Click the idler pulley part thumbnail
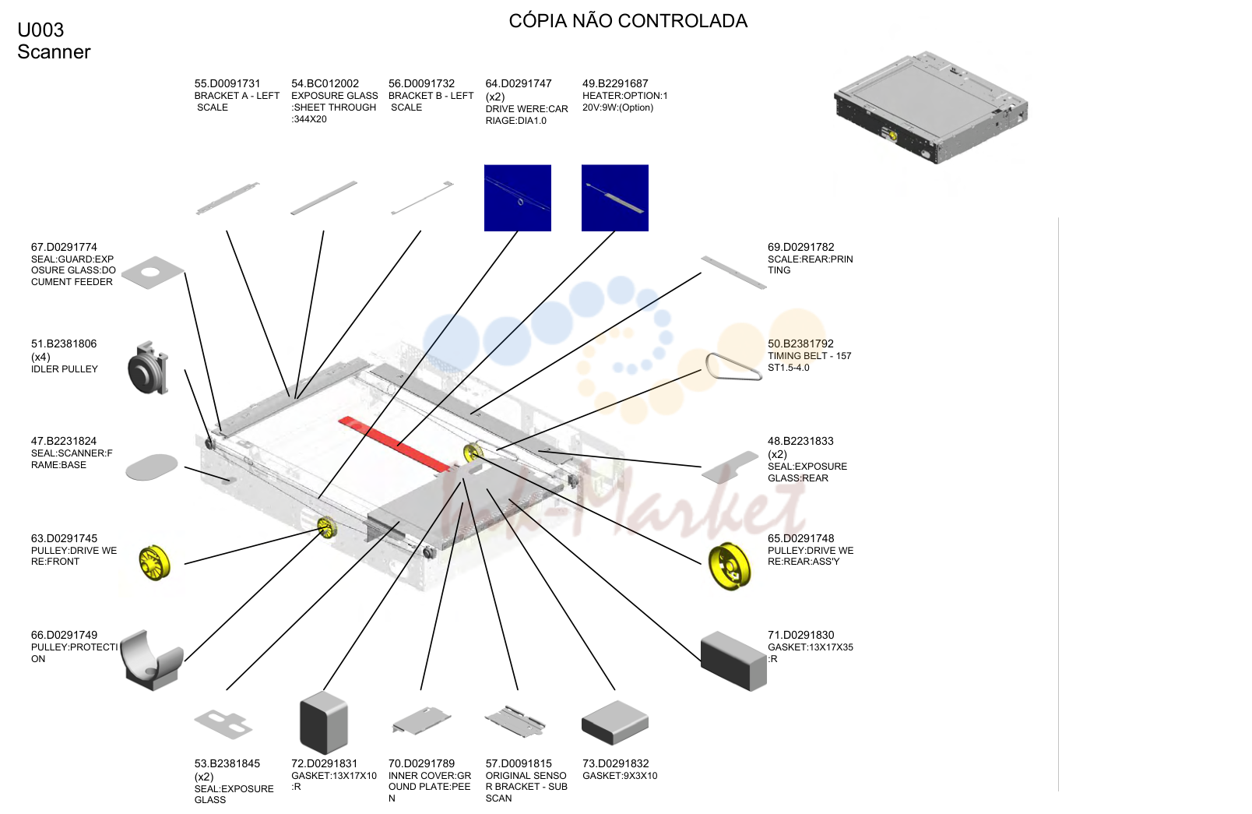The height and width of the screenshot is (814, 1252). click(148, 368)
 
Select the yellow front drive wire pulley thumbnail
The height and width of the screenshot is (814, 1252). click(154, 562)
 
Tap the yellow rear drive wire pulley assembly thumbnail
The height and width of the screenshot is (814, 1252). click(730, 566)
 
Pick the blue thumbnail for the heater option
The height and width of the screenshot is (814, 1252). click(615, 198)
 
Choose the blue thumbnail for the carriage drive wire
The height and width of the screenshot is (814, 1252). click(518, 198)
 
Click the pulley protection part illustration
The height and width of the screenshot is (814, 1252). click(152, 660)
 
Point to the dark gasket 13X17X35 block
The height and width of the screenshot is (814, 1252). click(733, 661)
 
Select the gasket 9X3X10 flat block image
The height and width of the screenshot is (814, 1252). click(615, 722)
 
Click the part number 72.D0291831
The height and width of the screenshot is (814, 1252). click(324, 763)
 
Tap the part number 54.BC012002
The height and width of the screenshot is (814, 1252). click(325, 84)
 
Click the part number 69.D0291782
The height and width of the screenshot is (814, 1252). click(800, 247)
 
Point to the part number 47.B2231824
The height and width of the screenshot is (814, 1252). click(64, 441)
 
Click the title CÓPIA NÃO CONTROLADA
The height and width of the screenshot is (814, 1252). click(628, 21)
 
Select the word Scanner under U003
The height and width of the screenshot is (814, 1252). click(54, 52)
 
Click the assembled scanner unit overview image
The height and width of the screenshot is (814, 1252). click(931, 107)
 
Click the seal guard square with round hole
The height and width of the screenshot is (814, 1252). click(153, 273)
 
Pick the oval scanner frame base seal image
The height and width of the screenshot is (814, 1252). click(152, 467)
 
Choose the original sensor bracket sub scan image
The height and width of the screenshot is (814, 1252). click(515, 721)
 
